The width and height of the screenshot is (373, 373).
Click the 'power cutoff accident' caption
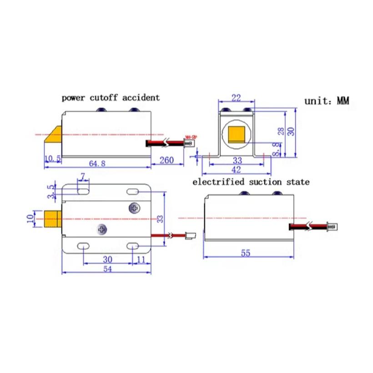pyautogui.click(x=111, y=97)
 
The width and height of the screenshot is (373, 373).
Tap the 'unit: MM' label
pyautogui.click(x=327, y=101)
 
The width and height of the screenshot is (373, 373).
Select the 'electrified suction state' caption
pyautogui.click(x=251, y=182)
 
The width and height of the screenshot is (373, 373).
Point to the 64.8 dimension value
pyautogui.click(x=97, y=163)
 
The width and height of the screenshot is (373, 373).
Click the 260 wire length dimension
pyautogui.click(x=167, y=160)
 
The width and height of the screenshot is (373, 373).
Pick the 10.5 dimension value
pyautogui.click(x=53, y=158)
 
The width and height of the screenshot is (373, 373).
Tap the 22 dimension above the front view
pyautogui.click(x=236, y=98)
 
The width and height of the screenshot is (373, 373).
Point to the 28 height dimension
pyautogui.click(x=281, y=131)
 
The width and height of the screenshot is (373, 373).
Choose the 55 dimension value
pyautogui.click(x=246, y=253)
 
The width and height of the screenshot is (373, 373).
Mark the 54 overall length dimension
pyautogui.click(x=107, y=269)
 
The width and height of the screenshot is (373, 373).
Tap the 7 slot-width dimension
pyautogui.click(x=83, y=176)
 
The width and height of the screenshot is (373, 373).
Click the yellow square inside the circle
pyautogui.click(x=237, y=134)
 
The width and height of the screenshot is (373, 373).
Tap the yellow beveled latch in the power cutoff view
pyautogui.click(x=54, y=135)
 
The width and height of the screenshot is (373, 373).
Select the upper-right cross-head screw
pyautogui.click(x=134, y=208)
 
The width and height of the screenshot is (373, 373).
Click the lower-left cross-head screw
pyautogui.click(x=101, y=230)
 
